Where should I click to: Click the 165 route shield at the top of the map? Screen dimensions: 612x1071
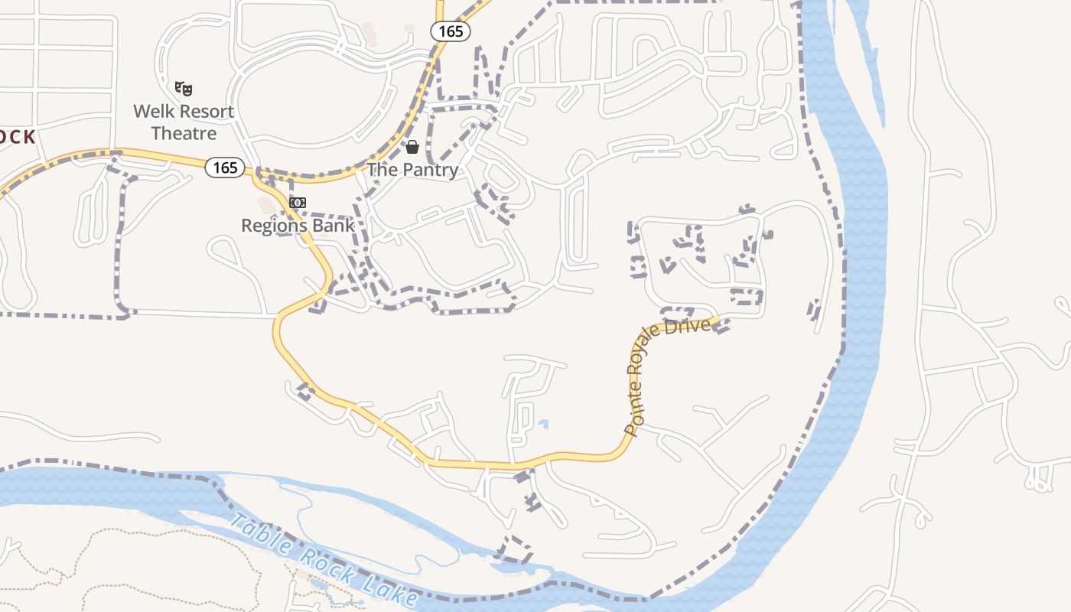click(450, 31)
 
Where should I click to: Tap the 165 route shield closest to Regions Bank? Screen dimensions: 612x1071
click(225, 167)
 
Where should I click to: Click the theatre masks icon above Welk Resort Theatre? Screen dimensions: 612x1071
click(184, 89)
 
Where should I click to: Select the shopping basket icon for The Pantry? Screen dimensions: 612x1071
click(412, 146)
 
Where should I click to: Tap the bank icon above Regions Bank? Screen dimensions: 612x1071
click(298, 203)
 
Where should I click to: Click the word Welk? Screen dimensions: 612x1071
click(151, 112)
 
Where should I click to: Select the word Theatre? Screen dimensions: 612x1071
click(184, 133)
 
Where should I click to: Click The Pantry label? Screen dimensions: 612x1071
click(412, 170)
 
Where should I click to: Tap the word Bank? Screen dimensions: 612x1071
click(336, 226)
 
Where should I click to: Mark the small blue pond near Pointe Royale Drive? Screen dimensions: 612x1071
click(543, 423)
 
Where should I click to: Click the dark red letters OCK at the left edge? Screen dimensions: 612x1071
click(17, 138)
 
